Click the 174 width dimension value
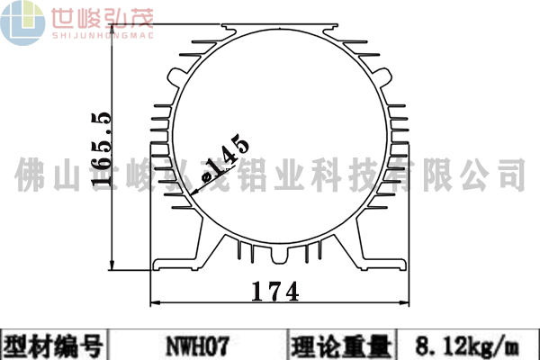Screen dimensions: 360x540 pos(274,292)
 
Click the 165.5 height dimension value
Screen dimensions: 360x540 pos(101,148)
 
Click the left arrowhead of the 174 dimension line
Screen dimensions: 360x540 pos(152,304)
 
